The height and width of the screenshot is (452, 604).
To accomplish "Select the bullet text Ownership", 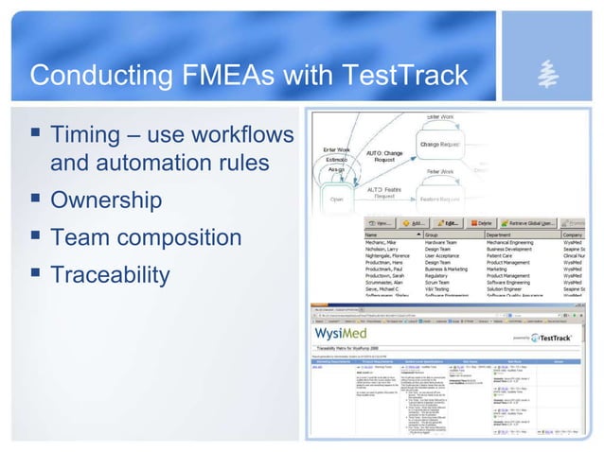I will click(106, 200).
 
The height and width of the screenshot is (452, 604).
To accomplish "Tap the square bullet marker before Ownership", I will click(34, 200).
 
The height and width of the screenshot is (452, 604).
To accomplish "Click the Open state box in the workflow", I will click(337, 200).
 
